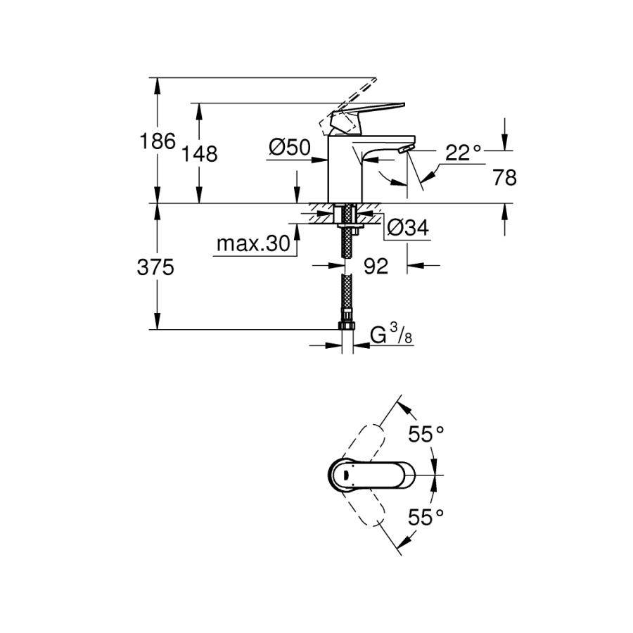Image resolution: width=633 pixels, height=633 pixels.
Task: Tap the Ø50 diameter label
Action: coord(290,147)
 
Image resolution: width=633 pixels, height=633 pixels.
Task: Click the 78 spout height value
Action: coord(505,179)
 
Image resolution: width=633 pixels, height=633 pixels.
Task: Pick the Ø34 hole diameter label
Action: coord(408,227)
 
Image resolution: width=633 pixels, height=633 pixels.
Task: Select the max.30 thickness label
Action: coord(252,244)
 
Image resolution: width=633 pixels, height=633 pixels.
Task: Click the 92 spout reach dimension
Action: coord(377,266)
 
